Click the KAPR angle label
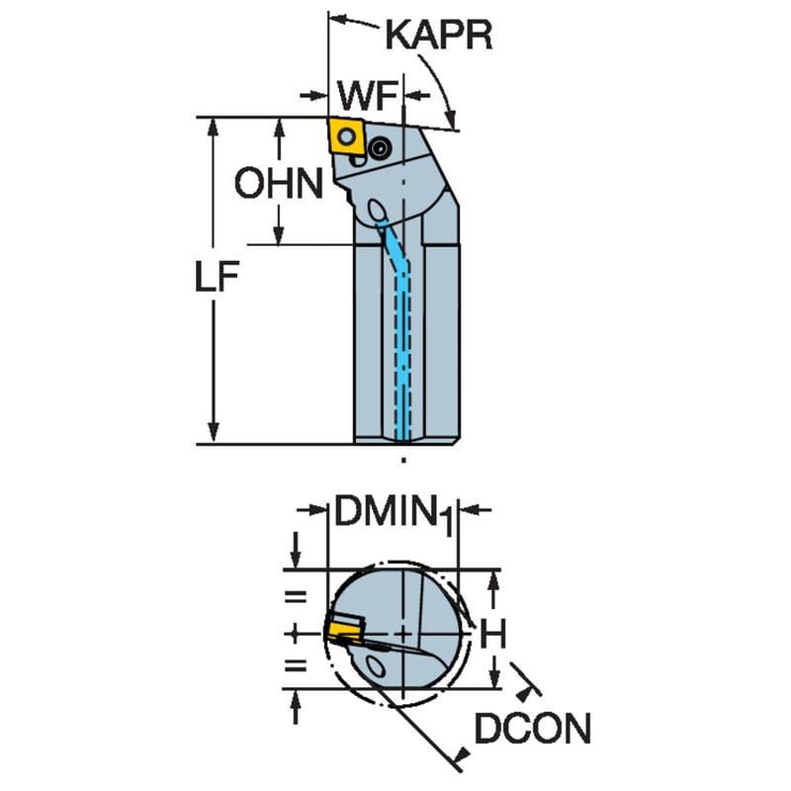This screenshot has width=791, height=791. [x=438, y=36]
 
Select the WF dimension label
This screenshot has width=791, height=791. [x=368, y=96]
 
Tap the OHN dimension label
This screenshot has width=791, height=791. [x=279, y=183]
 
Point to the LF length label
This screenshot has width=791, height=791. [x=217, y=277]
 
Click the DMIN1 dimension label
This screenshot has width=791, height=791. [x=394, y=513]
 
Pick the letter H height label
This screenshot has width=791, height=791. [x=492, y=633]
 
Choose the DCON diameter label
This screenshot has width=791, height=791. [x=533, y=729]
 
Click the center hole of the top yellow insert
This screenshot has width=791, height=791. [x=346, y=135]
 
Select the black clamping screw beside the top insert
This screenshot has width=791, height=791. [x=380, y=147]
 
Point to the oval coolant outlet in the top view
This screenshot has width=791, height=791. [x=377, y=209]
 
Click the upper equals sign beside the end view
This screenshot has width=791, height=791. [x=296, y=597]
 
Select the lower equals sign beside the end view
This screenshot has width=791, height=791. [x=296, y=665]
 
